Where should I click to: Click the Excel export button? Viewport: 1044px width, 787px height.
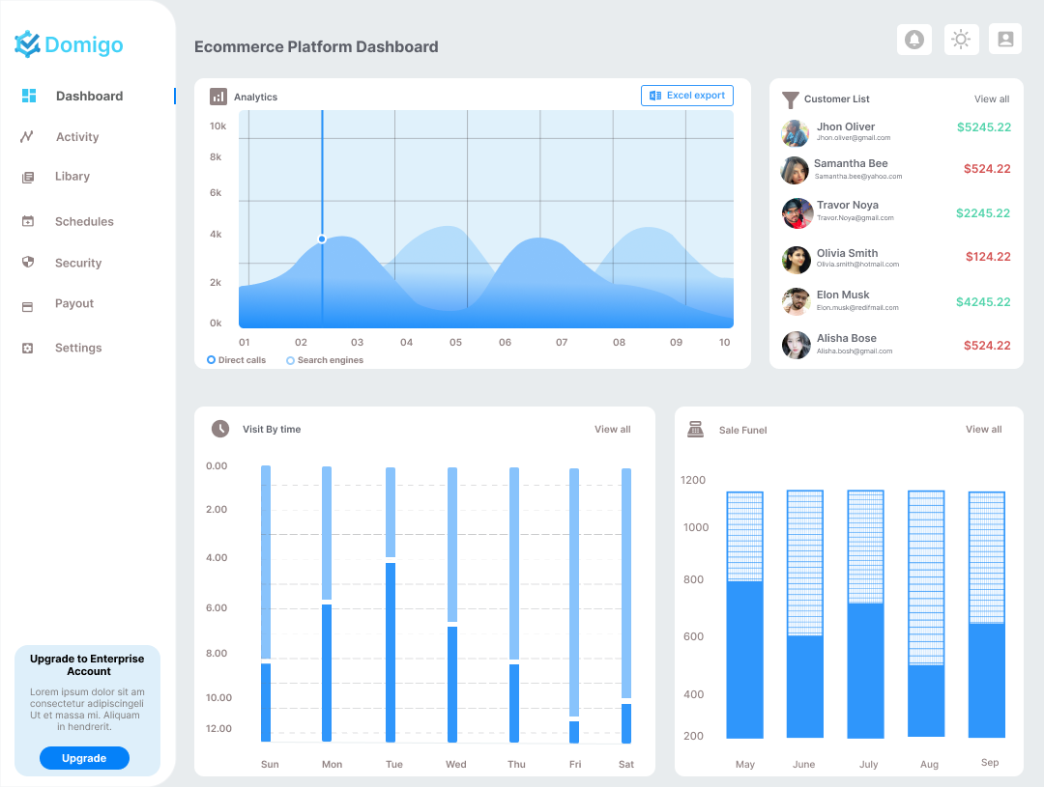687,96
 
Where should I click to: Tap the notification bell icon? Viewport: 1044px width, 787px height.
914,40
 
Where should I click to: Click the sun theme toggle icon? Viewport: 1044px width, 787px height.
961,40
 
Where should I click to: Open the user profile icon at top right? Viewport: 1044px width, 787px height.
1005,40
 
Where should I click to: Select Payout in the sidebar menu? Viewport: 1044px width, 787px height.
73,304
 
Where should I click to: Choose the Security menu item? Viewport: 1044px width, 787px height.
77,264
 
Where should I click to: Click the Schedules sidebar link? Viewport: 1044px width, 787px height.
83,222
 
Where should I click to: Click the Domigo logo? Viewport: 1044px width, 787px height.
70,44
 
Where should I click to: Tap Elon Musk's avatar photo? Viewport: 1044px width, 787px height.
796,301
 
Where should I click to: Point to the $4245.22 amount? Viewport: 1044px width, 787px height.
983,302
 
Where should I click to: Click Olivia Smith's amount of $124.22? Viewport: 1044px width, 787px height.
987,257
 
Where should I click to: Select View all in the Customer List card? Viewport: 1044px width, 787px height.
991,99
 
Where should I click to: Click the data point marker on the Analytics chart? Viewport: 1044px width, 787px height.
322,239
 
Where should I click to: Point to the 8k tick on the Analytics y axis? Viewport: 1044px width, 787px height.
216,157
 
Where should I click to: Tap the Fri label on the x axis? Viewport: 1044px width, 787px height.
575,765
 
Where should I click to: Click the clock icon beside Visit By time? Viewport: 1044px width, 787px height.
220,429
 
